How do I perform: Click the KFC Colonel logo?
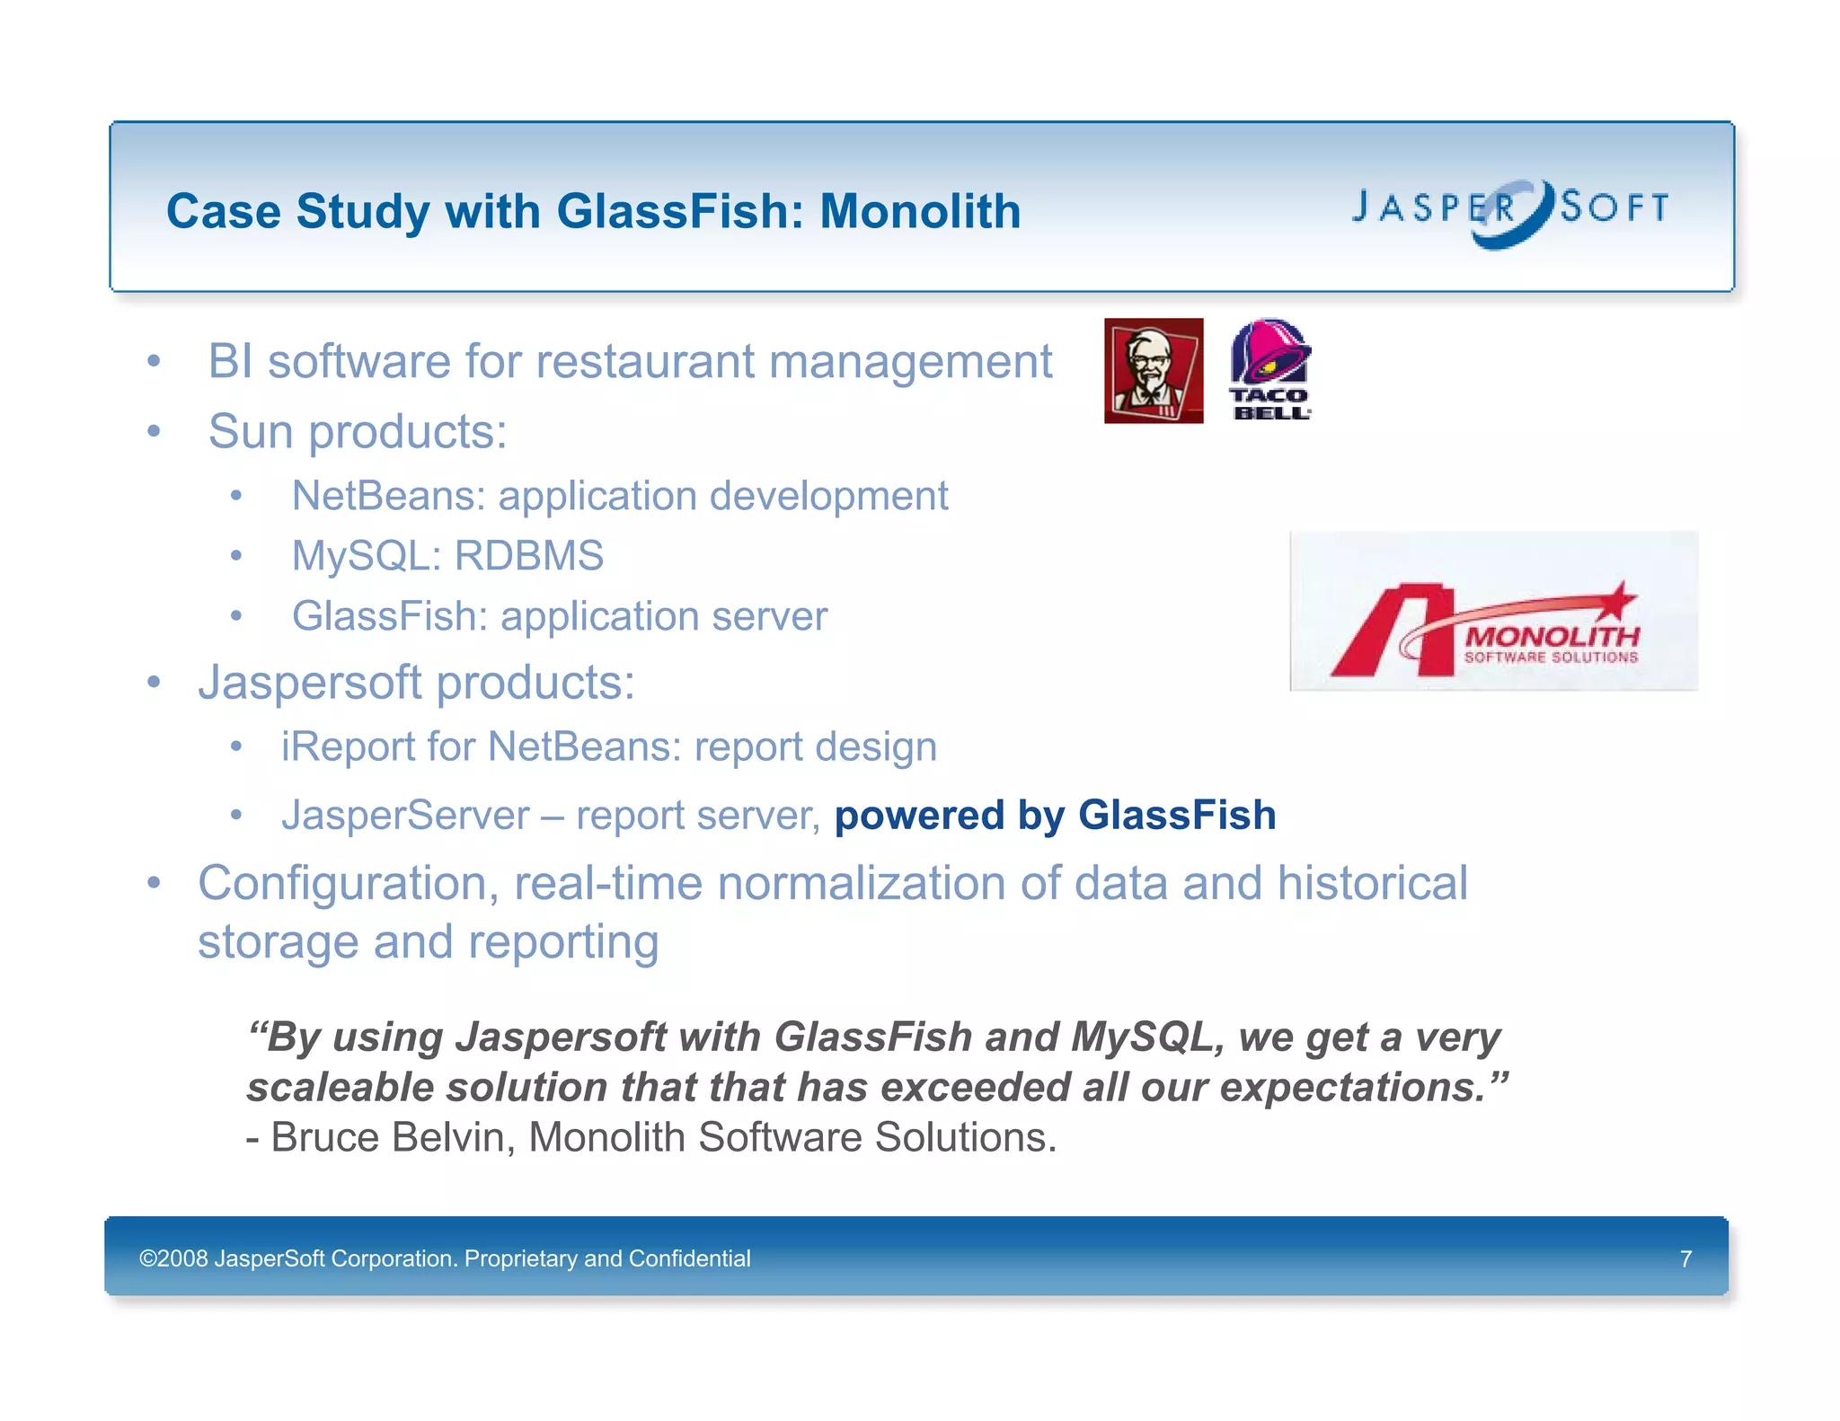click(1154, 370)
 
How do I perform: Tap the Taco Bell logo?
click(1270, 369)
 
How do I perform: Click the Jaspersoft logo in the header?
click(1510, 211)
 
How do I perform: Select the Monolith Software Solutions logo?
click(1493, 612)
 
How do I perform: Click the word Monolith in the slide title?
click(920, 212)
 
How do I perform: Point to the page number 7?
click(1685, 1258)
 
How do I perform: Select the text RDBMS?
click(528, 556)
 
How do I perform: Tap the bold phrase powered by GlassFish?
click(1055, 816)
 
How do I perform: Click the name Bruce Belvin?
click(393, 1137)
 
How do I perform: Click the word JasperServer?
click(405, 816)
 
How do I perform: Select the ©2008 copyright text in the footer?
click(444, 1258)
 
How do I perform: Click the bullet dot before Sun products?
click(155, 432)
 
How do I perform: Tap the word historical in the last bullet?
click(1372, 883)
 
